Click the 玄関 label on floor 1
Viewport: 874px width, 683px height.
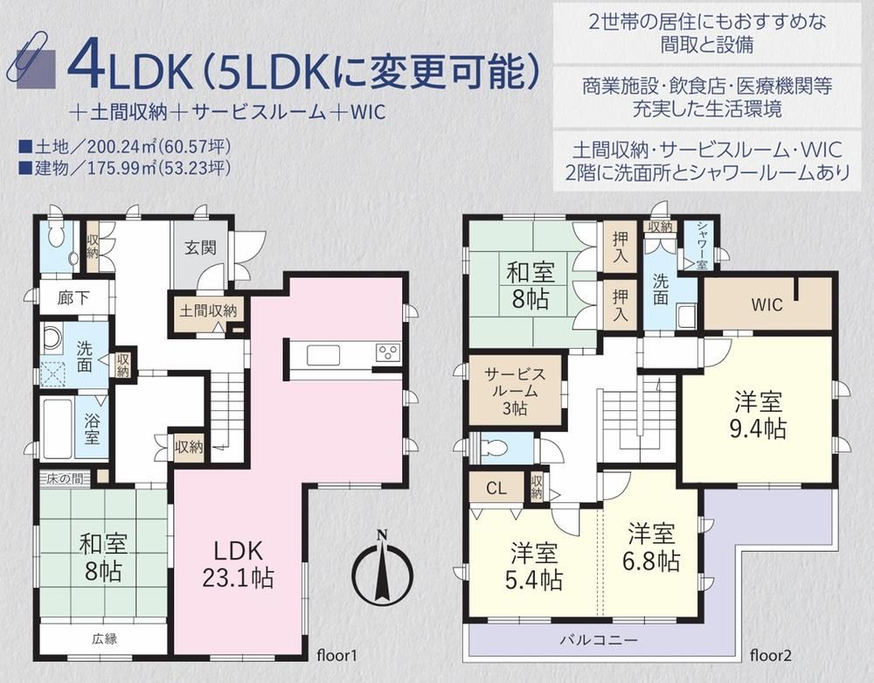tap(201, 247)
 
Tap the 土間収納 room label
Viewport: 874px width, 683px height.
tap(208, 311)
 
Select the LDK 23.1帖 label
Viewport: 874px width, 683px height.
tap(238, 565)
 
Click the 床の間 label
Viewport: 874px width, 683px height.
tap(66, 478)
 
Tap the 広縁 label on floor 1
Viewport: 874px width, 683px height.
tap(105, 639)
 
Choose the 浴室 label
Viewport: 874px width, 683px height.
tap(93, 429)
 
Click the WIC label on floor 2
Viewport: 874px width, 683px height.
tap(766, 305)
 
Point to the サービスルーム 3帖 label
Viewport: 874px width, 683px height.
tap(515, 391)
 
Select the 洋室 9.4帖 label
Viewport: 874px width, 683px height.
tap(758, 415)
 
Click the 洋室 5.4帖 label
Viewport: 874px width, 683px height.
tap(534, 567)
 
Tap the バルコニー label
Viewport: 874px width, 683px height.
tap(599, 639)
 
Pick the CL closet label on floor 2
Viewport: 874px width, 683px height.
tap(496, 488)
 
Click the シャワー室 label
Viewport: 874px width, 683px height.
tap(701, 246)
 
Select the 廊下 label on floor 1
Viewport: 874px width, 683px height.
tap(73, 297)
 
